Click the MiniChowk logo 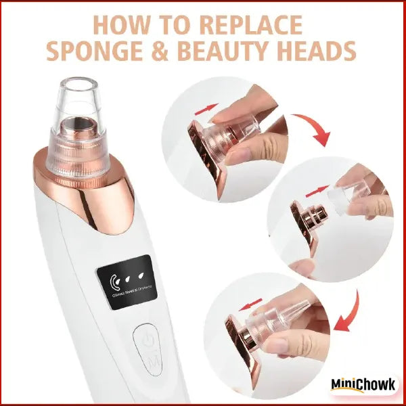[x=363, y=384]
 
